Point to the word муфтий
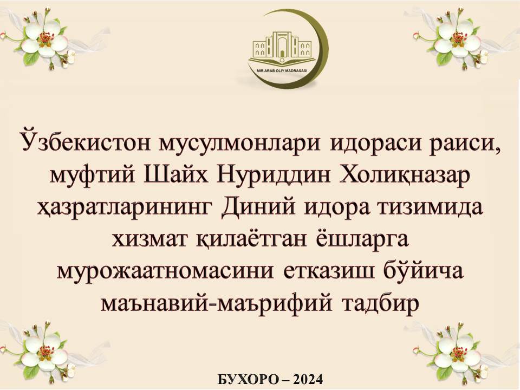[x=93, y=175]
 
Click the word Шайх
[x=175, y=174]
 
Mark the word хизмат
[x=149, y=239]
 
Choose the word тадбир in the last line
[x=381, y=303]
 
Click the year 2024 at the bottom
[x=308, y=379]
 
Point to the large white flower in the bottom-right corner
[x=460, y=353]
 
